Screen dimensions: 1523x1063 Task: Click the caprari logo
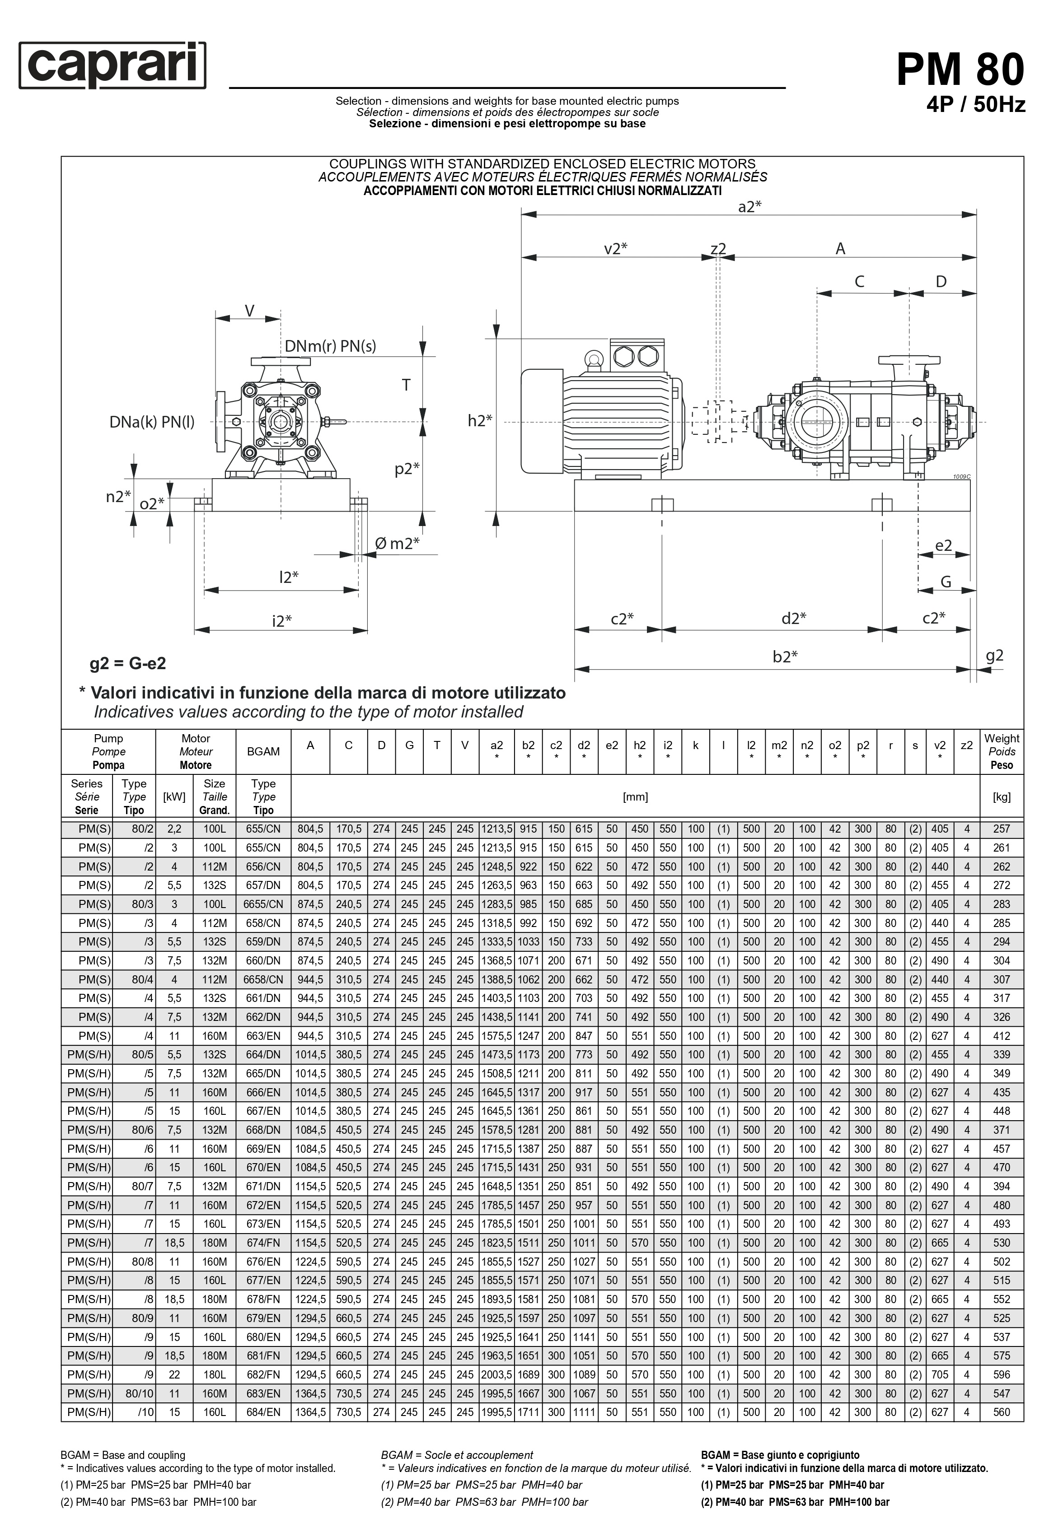pyautogui.click(x=112, y=65)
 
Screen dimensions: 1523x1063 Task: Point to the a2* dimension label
pyautogui.click(x=749, y=207)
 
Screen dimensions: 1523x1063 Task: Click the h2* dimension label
pyautogui.click(x=480, y=420)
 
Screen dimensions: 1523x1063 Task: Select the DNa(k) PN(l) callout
pyautogui.click(x=152, y=422)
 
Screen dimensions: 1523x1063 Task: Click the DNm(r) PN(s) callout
pyautogui.click(x=330, y=345)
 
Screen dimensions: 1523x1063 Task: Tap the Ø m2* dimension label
pyautogui.click(x=397, y=544)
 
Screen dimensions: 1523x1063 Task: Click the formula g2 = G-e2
pyautogui.click(x=128, y=663)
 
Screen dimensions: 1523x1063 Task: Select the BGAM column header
pyautogui.click(x=263, y=751)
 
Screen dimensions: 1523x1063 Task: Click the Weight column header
pyautogui.click(x=1001, y=751)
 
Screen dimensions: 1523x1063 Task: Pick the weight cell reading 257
pyautogui.click(x=1001, y=829)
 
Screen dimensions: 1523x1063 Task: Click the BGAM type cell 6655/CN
pyautogui.click(x=263, y=904)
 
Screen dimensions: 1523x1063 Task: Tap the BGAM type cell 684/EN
pyautogui.click(x=263, y=1412)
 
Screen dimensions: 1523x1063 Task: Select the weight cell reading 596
pyautogui.click(x=1001, y=1374)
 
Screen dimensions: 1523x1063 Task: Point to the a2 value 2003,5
pyautogui.click(x=497, y=1374)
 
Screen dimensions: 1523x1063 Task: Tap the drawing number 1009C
pyautogui.click(x=961, y=476)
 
